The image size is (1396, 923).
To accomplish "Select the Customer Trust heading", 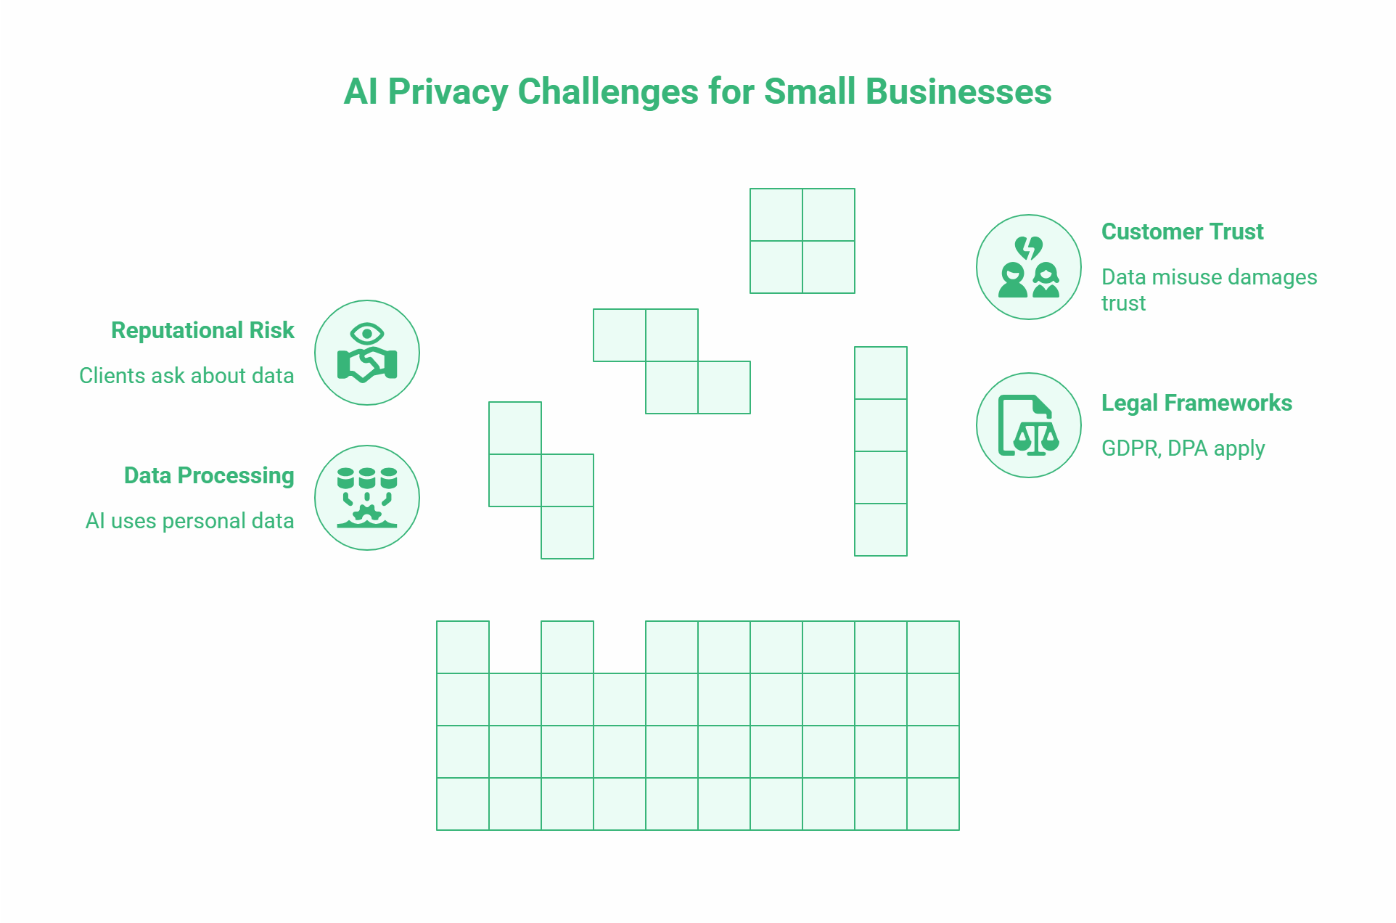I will tap(1182, 231).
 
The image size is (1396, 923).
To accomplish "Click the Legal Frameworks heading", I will tap(1196, 403).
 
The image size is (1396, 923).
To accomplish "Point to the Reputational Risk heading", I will tap(202, 330).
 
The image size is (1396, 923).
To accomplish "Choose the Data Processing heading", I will tap(209, 475).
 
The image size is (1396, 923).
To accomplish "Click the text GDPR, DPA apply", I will tap(1183, 448).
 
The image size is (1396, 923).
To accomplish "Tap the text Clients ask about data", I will tap(186, 376).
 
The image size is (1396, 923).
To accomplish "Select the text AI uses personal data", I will tap(189, 521).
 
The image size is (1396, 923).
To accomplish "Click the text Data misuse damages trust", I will tap(1208, 290).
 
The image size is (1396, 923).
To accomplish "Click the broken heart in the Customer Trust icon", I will tap(1028, 247).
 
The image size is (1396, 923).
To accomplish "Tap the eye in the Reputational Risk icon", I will tap(366, 334).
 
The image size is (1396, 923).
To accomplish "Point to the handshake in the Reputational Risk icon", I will tap(367, 365).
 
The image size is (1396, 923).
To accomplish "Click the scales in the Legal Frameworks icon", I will tap(1036, 436).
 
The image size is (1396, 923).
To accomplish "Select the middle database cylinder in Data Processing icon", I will tap(367, 478).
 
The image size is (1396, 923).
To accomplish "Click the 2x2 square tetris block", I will tap(802, 241).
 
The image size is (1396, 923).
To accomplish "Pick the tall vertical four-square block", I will tap(880, 451).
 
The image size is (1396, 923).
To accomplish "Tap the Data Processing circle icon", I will tap(367, 498).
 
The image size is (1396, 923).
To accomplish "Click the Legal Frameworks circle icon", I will tap(1028, 425).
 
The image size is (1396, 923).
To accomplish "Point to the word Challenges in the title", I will tap(608, 92).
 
